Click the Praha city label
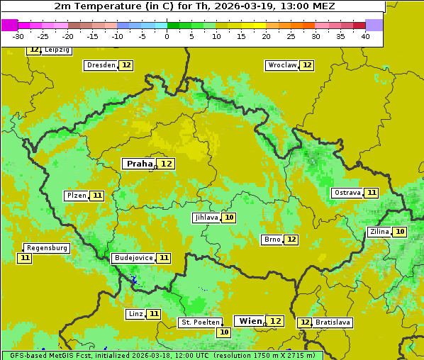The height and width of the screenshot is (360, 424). pos(139,164)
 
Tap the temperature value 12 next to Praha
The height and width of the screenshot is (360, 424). pos(167,164)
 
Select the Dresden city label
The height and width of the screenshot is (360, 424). pos(101,65)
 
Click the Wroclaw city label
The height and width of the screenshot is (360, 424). pos(281,65)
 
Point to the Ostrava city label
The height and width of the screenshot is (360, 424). pos(347,193)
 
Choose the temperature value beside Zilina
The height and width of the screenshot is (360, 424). pos(401,232)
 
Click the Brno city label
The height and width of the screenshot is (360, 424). pos(272,240)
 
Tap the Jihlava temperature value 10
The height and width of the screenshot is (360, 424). pos(229,218)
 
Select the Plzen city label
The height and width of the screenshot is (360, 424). pos(76,196)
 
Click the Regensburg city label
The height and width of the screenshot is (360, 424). pos(48,248)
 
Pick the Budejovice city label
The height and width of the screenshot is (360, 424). pos(133,258)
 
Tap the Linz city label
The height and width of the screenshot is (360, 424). pos(135,314)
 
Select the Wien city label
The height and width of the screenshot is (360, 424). pos(250,321)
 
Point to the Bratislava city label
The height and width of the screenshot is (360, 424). pos(333,322)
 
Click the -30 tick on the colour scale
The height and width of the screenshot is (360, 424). pos(19,36)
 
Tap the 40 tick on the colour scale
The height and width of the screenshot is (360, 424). pos(364,36)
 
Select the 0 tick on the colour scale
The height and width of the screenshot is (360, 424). pos(167,36)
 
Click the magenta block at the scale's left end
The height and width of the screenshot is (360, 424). pos(10,25)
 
